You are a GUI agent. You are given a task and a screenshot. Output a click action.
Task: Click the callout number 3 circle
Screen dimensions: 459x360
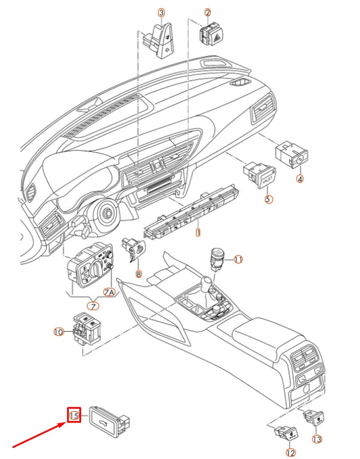pyautogui.click(x=161, y=12)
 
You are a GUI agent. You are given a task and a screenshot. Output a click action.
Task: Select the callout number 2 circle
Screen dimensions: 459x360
pyautogui.click(x=207, y=12)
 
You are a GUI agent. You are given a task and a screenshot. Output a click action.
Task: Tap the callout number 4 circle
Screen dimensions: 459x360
pyautogui.click(x=301, y=179)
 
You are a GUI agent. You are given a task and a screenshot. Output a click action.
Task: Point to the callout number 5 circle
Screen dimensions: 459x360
pyautogui.click(x=268, y=199)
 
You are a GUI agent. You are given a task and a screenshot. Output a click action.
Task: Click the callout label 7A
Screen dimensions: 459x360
pyautogui.click(x=109, y=291)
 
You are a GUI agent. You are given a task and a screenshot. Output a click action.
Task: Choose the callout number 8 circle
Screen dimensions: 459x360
pyautogui.click(x=138, y=274)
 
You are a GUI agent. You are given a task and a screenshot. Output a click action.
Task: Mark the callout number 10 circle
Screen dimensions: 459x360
pyautogui.click(x=58, y=332)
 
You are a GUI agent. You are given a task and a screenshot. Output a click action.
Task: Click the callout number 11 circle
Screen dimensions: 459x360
pyautogui.click(x=238, y=260)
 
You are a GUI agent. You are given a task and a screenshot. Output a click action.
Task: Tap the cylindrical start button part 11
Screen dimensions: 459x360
pyautogui.click(x=217, y=259)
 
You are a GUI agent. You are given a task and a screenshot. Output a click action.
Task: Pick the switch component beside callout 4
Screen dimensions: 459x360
pyautogui.click(x=292, y=155)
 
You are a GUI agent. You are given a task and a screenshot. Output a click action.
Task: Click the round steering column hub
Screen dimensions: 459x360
pyautogui.click(x=105, y=215)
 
